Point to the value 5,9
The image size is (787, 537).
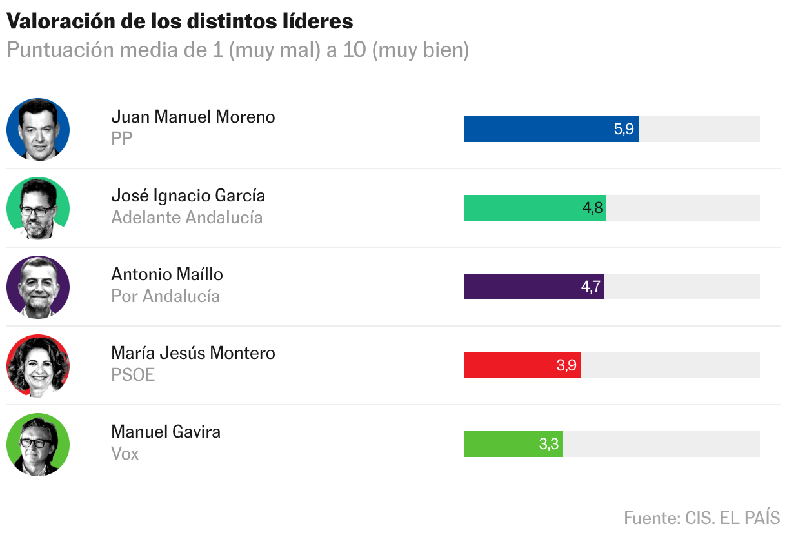point(624,129)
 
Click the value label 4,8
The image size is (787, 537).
point(592,208)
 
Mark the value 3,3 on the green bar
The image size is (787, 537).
point(548,444)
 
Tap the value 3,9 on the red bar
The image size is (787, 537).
point(566,365)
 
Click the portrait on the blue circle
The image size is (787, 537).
point(38,130)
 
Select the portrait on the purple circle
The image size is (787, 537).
point(38,287)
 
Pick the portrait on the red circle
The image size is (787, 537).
point(38,366)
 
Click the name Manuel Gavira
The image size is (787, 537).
point(166,432)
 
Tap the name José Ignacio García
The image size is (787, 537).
point(188,196)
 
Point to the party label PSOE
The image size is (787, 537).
point(133,375)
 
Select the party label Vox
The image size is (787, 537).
point(125,454)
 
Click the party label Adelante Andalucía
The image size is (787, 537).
point(186,218)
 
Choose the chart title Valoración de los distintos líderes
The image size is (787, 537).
point(180,21)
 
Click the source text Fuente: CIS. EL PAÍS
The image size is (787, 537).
point(702,518)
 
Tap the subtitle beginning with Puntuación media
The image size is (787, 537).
point(237,50)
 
